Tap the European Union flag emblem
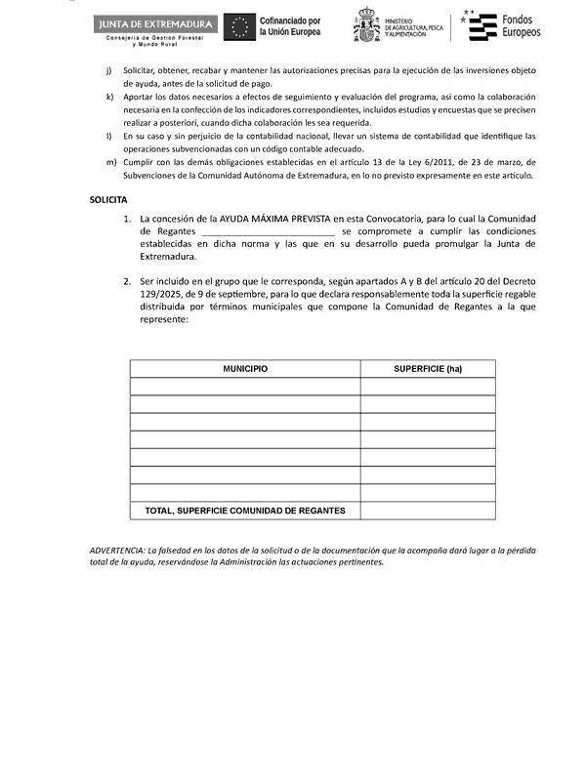tap(239, 27)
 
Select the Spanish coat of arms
tap(366, 27)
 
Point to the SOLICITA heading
tap(107, 199)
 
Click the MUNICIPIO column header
tap(245, 369)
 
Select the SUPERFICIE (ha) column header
tap(427, 369)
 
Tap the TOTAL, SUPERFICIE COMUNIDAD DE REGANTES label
tap(245, 511)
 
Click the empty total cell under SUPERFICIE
tap(427, 511)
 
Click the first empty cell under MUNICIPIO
tap(245, 387)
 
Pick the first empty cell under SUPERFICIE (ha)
tap(427, 387)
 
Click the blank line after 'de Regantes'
tap(269, 232)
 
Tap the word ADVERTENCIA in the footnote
tap(116, 551)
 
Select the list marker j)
tap(109, 71)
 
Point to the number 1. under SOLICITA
tap(128, 219)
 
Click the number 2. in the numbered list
tap(128, 281)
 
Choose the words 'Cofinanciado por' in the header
tap(289, 21)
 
